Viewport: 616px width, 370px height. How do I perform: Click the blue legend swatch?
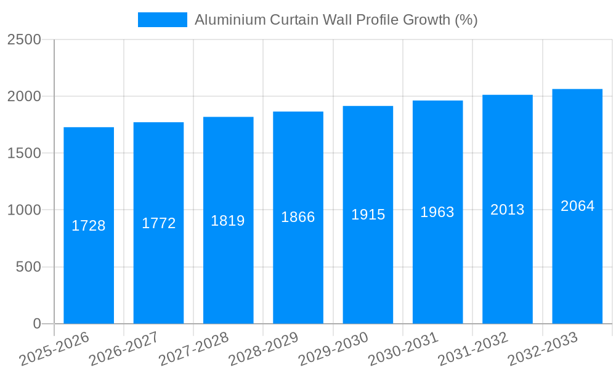(162, 20)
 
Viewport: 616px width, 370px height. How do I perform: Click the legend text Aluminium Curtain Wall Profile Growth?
(336, 20)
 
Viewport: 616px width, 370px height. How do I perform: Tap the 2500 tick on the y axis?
(24, 39)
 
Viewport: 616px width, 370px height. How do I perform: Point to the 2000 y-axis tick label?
(24, 96)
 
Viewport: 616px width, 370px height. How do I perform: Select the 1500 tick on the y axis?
(24, 153)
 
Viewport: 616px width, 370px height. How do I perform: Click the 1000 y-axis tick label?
(24, 210)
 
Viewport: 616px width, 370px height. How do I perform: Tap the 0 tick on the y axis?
(36, 324)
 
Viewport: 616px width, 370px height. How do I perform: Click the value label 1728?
(89, 226)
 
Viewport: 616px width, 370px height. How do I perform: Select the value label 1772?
(159, 223)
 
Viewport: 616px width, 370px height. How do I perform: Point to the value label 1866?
(298, 217)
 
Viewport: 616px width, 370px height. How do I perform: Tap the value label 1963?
(437, 212)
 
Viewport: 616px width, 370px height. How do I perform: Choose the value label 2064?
(578, 206)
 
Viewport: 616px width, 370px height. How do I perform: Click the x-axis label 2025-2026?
(55, 349)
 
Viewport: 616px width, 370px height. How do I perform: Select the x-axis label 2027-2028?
(194, 349)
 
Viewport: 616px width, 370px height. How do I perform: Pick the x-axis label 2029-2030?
(334, 349)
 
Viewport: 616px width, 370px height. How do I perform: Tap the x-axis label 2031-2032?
(473, 349)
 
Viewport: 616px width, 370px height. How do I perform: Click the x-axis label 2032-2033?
(543, 349)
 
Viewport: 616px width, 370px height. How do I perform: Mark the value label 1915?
(368, 215)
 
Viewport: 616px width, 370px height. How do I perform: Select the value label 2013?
(508, 210)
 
